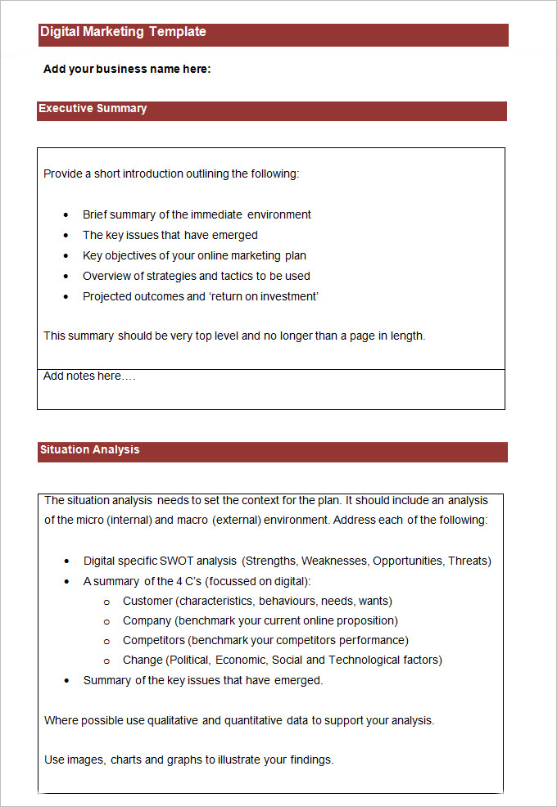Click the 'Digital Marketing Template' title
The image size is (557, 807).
123,32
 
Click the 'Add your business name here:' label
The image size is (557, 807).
127,69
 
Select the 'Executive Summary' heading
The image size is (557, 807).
93,108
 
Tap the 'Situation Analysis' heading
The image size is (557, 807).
89,449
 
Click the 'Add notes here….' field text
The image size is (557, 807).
89,376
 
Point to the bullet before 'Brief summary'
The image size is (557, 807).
66,215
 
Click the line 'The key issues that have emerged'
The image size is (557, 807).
170,235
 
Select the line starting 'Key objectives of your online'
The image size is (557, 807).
194,255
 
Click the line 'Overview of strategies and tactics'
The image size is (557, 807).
197,276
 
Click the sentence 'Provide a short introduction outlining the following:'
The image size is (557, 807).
171,174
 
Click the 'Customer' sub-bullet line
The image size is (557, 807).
257,601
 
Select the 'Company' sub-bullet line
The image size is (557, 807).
260,620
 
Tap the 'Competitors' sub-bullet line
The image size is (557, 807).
265,640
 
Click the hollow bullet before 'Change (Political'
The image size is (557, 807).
106,660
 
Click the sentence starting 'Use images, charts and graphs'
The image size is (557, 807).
188,760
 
